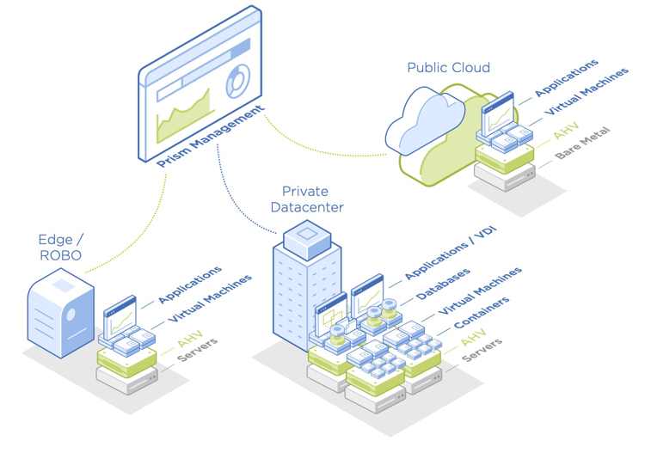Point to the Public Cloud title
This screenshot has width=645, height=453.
coord(448,67)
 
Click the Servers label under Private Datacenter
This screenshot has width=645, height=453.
coord(483,348)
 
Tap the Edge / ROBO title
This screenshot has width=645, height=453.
coord(59,248)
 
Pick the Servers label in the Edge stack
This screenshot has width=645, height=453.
coord(200,348)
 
